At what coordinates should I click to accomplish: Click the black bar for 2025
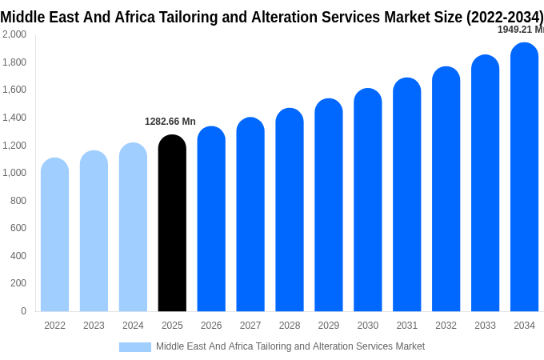click(172, 224)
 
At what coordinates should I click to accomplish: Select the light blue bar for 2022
click(54, 236)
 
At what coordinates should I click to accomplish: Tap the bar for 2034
click(524, 178)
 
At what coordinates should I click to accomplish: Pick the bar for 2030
click(368, 200)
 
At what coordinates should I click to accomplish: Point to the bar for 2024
click(133, 228)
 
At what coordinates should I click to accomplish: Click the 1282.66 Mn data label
click(170, 122)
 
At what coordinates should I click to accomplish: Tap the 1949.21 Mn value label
click(520, 30)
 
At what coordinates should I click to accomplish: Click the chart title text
click(272, 17)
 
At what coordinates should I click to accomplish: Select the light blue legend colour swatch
click(134, 346)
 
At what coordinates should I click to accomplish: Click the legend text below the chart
click(290, 346)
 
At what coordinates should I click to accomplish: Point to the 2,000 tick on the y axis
click(14, 34)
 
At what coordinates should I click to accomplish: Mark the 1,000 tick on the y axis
click(14, 173)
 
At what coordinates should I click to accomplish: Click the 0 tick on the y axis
click(23, 311)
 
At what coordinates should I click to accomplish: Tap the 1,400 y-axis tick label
click(14, 118)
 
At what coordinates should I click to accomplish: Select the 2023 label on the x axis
click(94, 326)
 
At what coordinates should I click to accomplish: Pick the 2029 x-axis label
click(329, 326)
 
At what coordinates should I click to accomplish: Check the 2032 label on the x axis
click(446, 326)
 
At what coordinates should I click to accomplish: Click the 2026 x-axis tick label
click(211, 326)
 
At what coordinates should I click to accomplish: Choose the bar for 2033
click(485, 184)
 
